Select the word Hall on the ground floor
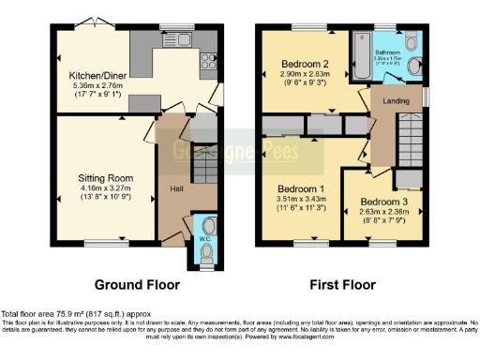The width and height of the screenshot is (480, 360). (175, 187)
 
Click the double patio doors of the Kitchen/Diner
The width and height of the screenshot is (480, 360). (91, 22)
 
